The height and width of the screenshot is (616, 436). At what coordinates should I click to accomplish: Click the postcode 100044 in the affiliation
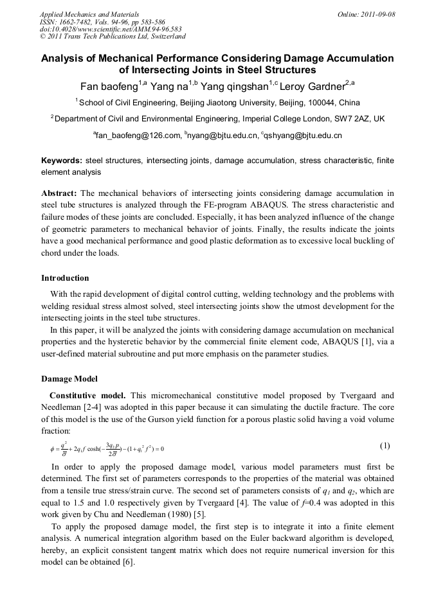(325, 102)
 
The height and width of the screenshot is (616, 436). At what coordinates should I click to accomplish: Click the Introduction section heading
(65, 278)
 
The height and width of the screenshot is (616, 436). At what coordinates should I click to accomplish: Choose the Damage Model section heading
(69, 378)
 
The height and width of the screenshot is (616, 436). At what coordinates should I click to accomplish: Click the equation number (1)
(385, 446)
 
